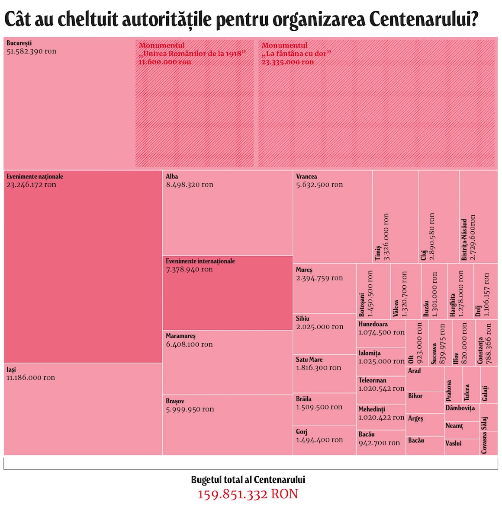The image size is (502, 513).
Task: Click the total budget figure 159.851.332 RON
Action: pyautogui.click(x=248, y=494)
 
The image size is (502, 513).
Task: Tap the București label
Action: pyautogui.click(x=19, y=43)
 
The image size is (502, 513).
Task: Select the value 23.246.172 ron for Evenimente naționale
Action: pyautogui.click(x=31, y=185)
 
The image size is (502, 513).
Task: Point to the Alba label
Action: pyautogui.click(x=172, y=176)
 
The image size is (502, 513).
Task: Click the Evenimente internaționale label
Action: pyautogui.click(x=200, y=261)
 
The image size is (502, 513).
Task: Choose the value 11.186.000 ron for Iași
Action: pyautogui.click(x=31, y=378)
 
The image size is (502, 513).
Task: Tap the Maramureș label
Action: pyautogui.click(x=180, y=336)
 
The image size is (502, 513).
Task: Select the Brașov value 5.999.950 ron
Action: pyautogui.click(x=190, y=409)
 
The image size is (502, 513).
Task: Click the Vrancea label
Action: pyautogui.click(x=306, y=176)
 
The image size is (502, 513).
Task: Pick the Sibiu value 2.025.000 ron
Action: pyautogui.click(x=319, y=327)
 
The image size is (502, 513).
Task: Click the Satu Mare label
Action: pyautogui.click(x=309, y=360)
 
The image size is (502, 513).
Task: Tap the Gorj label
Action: pyautogui.click(x=302, y=432)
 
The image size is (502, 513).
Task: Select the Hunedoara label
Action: pyautogui.click(x=373, y=324)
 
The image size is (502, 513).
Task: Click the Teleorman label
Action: pyautogui.click(x=372, y=380)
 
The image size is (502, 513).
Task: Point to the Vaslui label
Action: pyautogui.click(x=454, y=443)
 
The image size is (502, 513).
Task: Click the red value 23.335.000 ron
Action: pyautogui.click(x=287, y=62)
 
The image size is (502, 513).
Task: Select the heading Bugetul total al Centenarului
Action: pyautogui.click(x=248, y=480)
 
